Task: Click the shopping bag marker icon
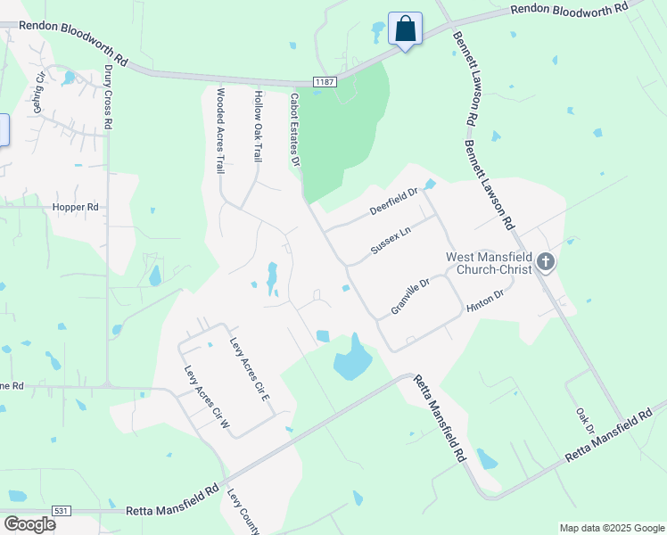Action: [x=405, y=29]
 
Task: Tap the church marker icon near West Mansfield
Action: [x=546, y=262]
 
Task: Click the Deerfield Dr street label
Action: [x=393, y=202]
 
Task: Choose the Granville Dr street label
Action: [x=410, y=296]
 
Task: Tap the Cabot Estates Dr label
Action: [x=294, y=130]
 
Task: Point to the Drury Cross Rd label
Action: [x=107, y=97]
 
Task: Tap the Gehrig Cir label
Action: [x=39, y=93]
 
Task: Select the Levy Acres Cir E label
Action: [x=250, y=368]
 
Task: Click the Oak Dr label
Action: [x=585, y=422]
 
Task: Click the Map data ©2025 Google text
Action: [x=611, y=528]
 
